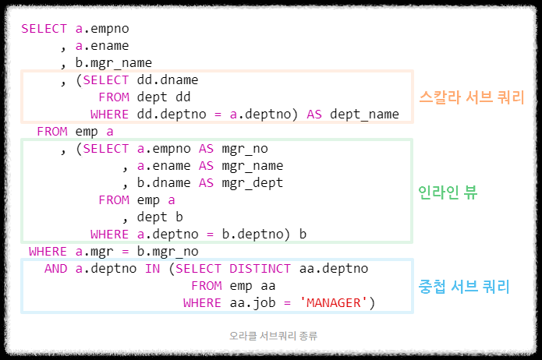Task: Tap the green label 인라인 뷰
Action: coord(447,192)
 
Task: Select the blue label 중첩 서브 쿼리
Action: coord(464,287)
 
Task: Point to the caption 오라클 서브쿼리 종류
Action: coord(273,336)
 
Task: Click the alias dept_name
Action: coord(364,115)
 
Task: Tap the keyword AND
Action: coord(55,269)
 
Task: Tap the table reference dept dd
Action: coord(164,97)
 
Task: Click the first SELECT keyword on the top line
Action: coord(44,29)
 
